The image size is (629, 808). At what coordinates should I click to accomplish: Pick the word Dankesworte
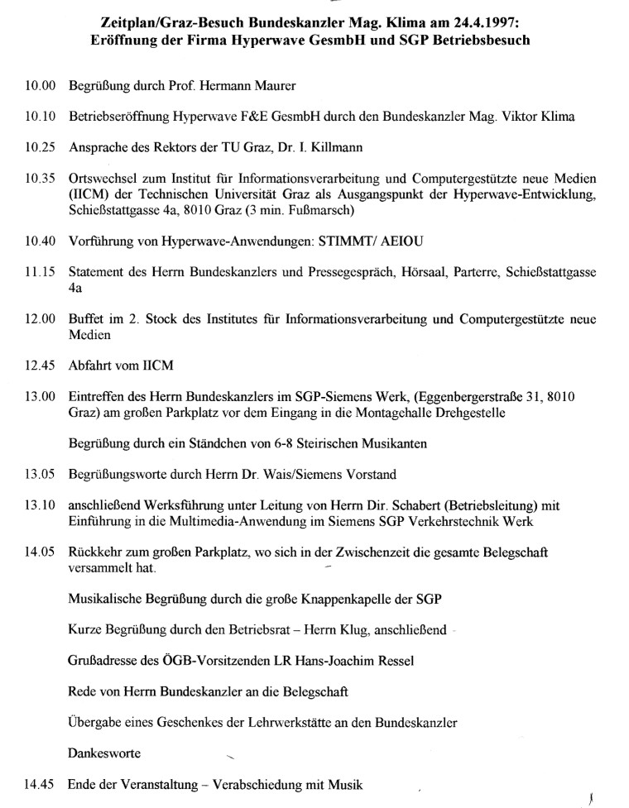tap(104, 753)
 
